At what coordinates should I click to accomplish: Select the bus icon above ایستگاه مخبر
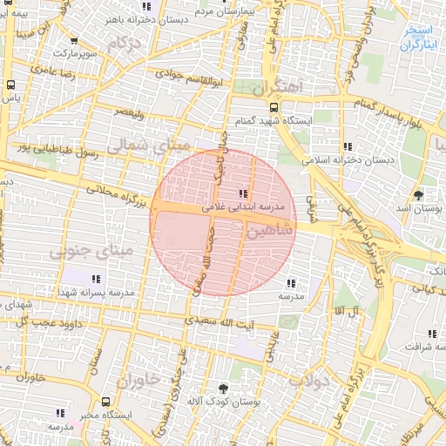click(x=105, y=402)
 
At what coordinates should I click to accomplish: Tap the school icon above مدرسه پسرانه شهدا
click(x=96, y=279)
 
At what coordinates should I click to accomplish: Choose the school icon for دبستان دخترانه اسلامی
click(x=348, y=145)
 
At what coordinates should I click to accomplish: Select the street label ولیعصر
click(x=131, y=111)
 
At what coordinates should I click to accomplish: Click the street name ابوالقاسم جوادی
click(x=183, y=76)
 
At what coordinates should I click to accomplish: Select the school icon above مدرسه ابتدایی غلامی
click(x=242, y=193)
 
